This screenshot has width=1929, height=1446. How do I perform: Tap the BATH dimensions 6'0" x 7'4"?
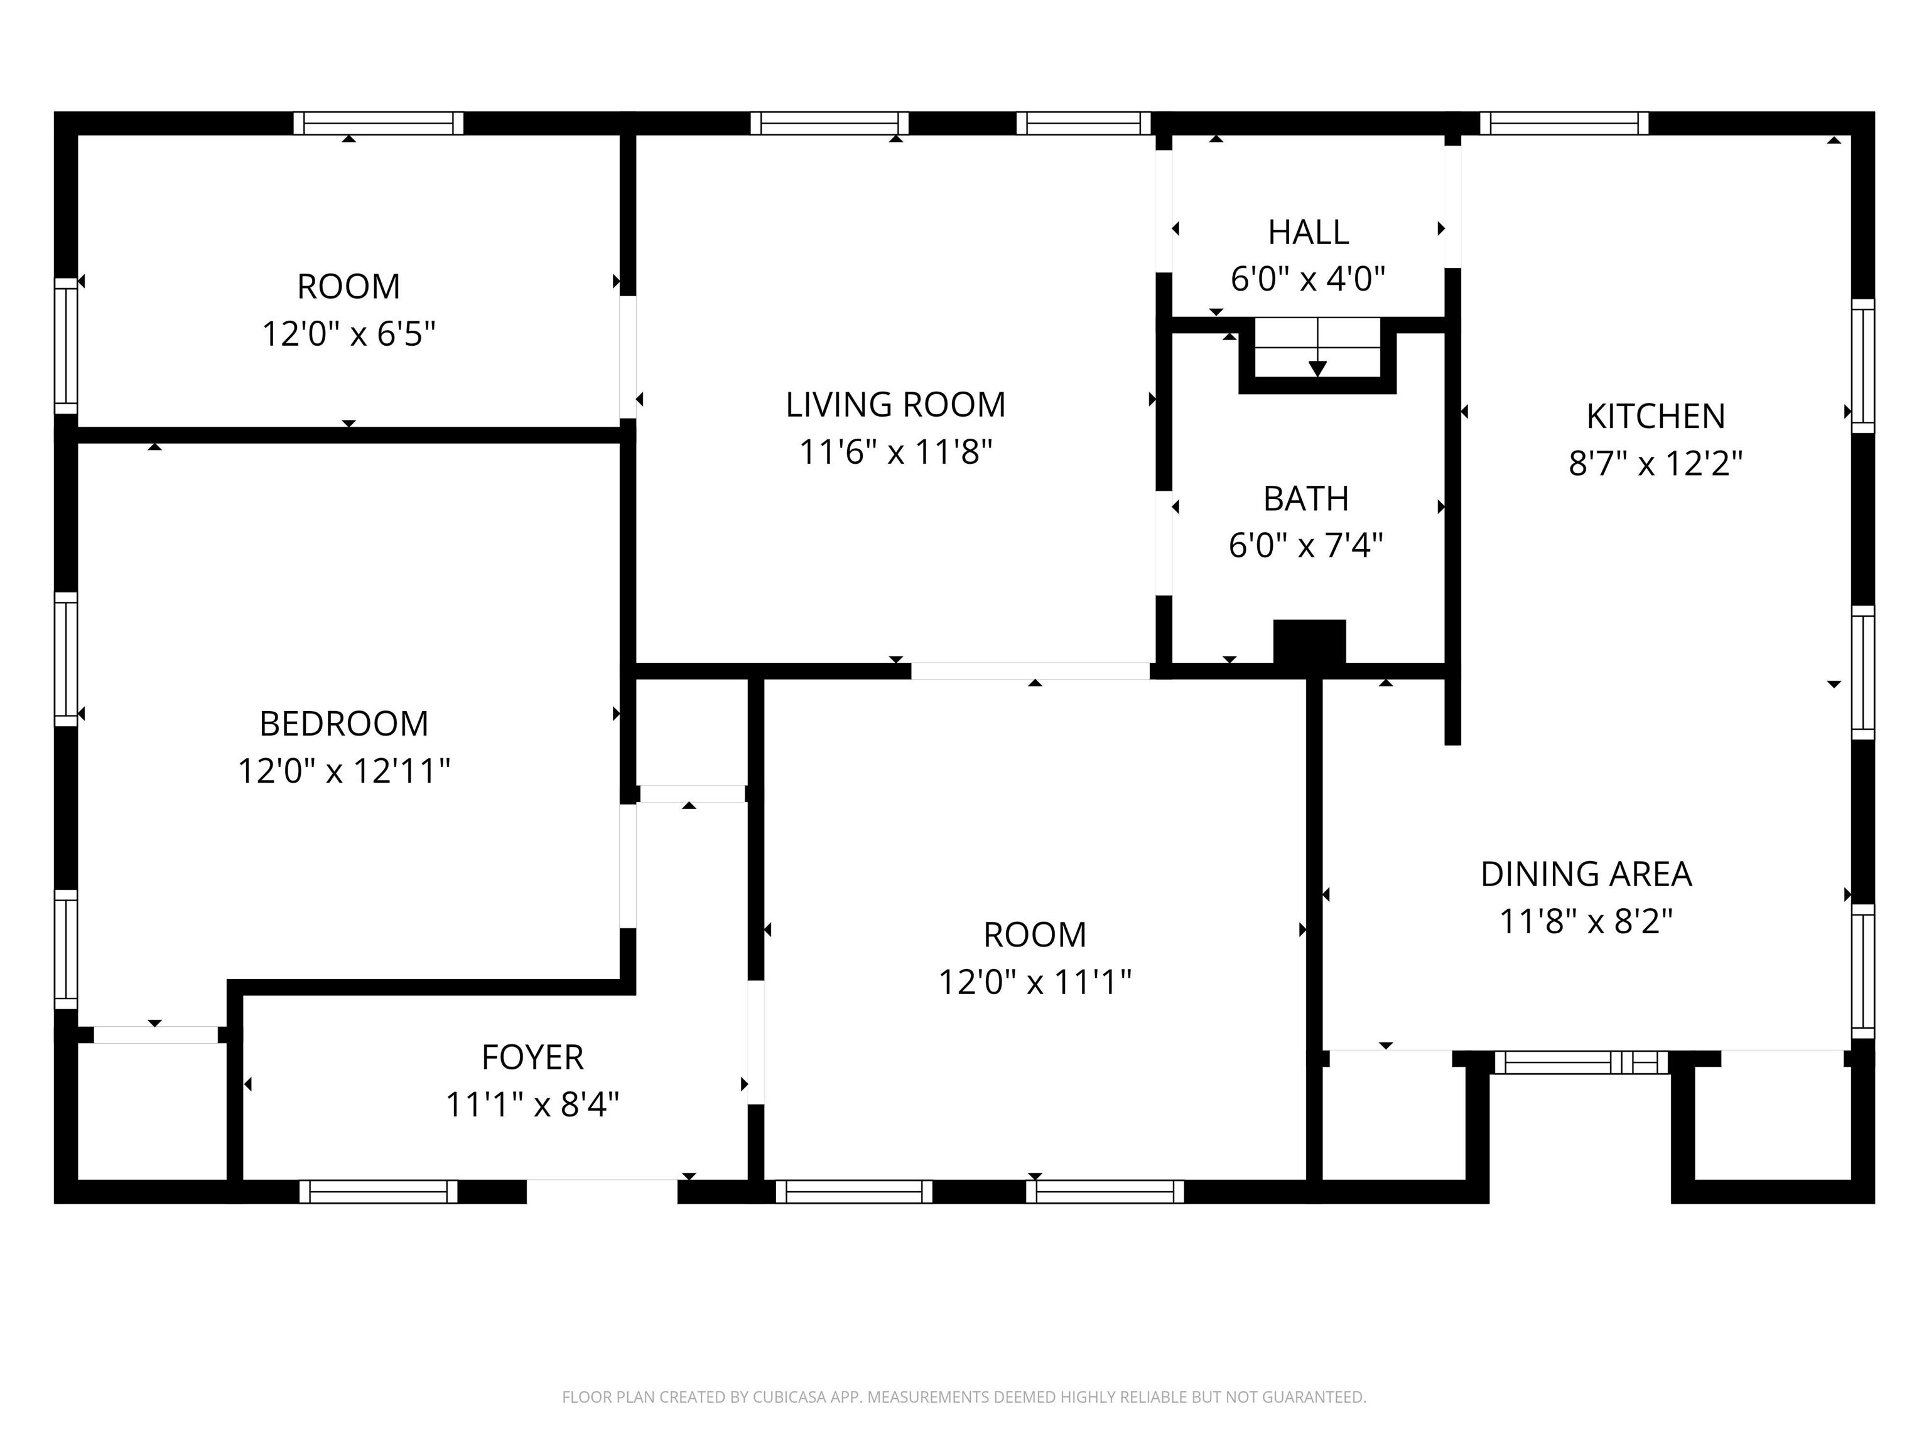1305,545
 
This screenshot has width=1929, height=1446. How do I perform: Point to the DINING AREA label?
1586,874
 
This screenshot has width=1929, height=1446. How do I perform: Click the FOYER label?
532,1058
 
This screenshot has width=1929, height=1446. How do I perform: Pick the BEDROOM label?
343,724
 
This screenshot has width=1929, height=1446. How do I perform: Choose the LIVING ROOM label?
895,404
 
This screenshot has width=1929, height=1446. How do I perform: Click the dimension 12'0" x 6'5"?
349,334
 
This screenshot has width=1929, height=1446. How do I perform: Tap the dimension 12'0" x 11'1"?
1034,982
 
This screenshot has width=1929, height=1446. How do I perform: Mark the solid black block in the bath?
1309,643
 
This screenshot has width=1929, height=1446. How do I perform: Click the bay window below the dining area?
1580,1063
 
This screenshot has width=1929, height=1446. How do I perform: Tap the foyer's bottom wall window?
379,1191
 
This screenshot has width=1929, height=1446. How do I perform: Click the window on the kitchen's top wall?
1564,123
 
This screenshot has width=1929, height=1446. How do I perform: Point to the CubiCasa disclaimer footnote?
964,1397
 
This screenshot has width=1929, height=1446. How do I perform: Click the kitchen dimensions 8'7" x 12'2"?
1655,464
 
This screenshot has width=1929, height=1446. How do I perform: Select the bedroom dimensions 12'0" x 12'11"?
343,771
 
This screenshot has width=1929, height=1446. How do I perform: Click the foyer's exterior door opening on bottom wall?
602,1191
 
